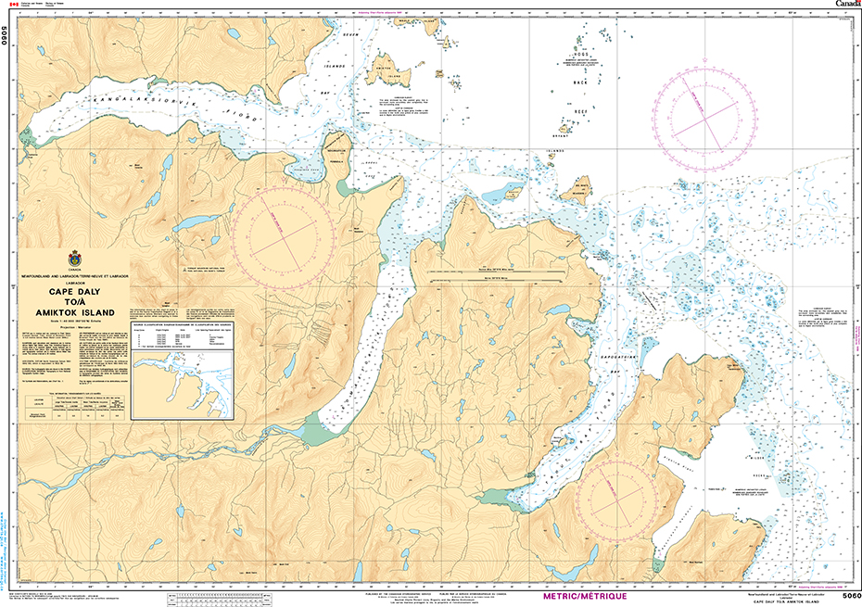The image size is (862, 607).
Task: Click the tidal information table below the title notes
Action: point(71,409)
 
